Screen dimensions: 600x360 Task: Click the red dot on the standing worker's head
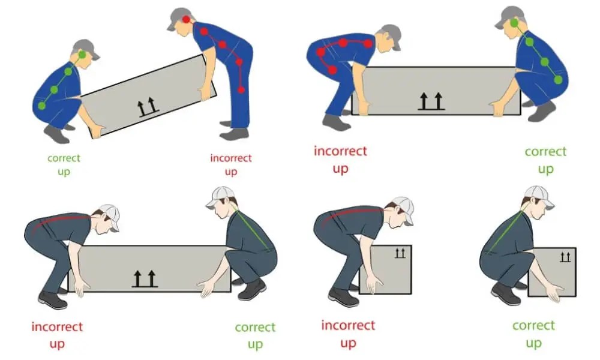(187, 19)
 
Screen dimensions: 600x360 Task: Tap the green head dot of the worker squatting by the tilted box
(83, 55)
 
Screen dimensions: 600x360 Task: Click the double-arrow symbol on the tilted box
(148, 106)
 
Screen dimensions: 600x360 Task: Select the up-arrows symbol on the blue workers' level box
(431, 101)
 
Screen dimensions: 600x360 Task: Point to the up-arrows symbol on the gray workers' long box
(145, 279)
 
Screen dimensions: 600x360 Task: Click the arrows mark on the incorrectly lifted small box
(400, 253)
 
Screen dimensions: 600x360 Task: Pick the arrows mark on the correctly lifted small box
(565, 257)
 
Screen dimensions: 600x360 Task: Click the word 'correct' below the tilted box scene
(64, 158)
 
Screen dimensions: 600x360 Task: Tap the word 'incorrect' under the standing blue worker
(231, 158)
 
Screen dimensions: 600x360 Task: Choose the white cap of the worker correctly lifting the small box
(539, 196)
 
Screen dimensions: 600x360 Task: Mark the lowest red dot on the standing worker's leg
(241, 90)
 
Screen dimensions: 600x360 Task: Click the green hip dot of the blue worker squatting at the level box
(558, 80)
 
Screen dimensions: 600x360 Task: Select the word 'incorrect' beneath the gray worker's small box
(348, 325)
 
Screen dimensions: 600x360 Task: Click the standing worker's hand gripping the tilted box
(205, 92)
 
